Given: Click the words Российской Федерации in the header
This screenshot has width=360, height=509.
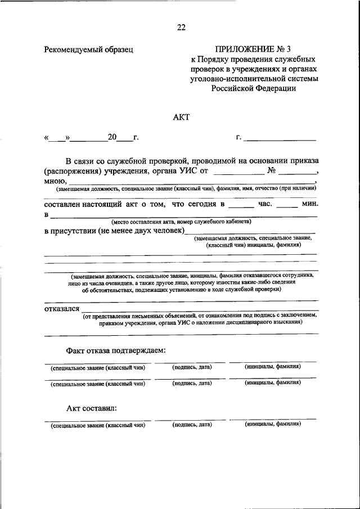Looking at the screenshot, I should pyautogui.click(x=253, y=88).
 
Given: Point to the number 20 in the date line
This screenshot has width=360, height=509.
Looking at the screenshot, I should pyautogui.click(x=112, y=137).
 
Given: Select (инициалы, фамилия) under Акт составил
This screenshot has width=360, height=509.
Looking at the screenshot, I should pyautogui.click(x=273, y=425).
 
